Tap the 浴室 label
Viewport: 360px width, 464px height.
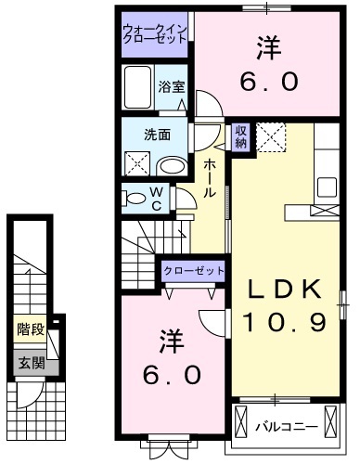pos(172,87)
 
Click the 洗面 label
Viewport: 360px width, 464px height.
pos(157,134)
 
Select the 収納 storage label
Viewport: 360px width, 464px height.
pos(240,136)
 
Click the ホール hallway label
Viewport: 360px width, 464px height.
pos(211,177)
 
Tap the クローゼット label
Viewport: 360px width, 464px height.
pos(194,270)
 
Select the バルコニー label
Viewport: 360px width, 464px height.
pos(287,428)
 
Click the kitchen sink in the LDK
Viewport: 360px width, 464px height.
pos(327,186)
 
